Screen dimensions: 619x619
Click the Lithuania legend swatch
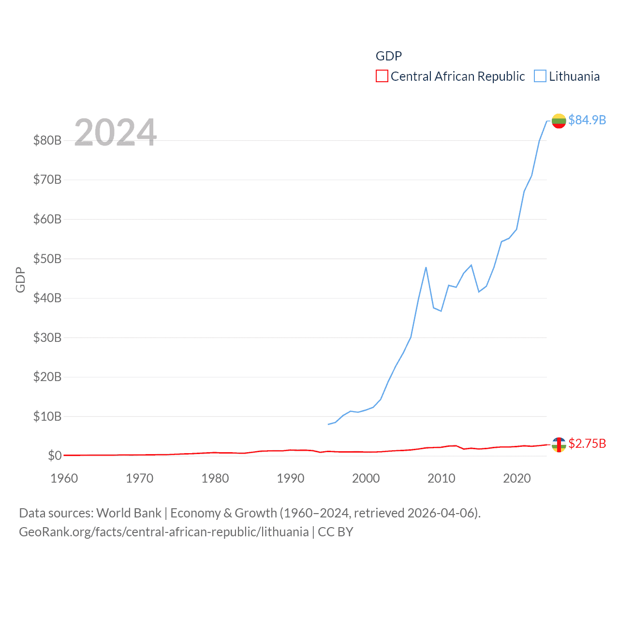point(540,76)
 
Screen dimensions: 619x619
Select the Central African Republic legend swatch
point(382,76)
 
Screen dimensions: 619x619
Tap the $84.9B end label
point(587,120)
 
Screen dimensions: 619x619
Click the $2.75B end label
point(587,443)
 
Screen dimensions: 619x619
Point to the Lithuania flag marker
point(559,120)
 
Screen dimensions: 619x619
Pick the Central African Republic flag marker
point(559,444)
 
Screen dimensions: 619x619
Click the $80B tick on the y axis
point(47,140)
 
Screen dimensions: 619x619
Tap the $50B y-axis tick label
point(47,259)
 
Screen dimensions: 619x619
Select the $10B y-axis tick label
point(47,416)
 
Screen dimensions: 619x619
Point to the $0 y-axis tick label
point(55,456)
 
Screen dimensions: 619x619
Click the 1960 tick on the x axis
point(64,478)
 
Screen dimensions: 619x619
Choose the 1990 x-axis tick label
point(291,478)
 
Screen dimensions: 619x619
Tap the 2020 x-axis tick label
point(517,478)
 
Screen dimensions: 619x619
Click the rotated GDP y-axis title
point(20,280)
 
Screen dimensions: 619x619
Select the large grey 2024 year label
point(115,133)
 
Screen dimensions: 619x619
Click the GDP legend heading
point(389,56)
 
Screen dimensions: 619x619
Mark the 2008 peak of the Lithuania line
point(426,267)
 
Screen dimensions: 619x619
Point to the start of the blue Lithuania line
point(328,424)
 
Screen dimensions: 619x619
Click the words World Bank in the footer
point(129,513)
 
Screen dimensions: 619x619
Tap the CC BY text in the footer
point(336,532)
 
